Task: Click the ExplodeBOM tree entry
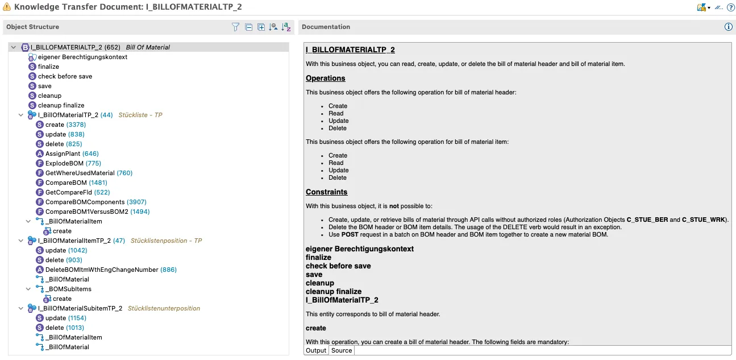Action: pos(64,163)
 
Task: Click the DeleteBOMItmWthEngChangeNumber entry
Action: pos(101,270)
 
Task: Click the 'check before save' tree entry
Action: pos(65,76)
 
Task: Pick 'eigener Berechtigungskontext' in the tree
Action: pos(82,57)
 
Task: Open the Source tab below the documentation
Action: pos(342,350)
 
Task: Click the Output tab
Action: pos(316,350)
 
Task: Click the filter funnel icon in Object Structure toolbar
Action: pos(235,27)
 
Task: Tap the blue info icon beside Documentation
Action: pos(729,27)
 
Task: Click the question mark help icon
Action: pos(731,7)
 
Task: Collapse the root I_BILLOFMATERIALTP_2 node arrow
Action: pos(13,47)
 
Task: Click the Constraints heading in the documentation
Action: pos(326,192)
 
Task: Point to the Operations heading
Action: pos(325,78)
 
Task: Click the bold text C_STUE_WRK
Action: pos(707,220)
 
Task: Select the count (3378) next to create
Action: pos(76,125)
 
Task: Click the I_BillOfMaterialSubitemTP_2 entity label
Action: pos(80,308)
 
